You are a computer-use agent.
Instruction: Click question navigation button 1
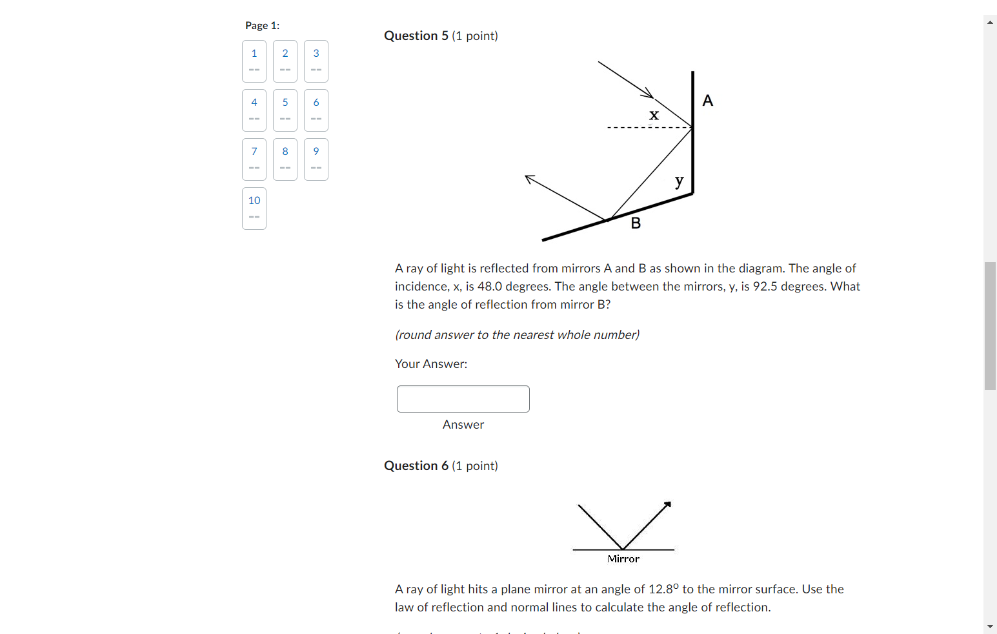click(x=254, y=61)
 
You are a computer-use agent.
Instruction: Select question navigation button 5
click(x=285, y=110)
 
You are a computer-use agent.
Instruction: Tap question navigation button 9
click(x=316, y=159)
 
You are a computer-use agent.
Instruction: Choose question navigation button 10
click(x=254, y=209)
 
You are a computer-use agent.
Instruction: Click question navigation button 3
click(x=316, y=61)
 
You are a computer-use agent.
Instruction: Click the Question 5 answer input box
click(x=463, y=399)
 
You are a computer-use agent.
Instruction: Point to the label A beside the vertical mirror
click(x=708, y=101)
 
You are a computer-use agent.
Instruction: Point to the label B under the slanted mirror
click(x=636, y=223)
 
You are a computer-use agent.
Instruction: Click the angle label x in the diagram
click(x=654, y=115)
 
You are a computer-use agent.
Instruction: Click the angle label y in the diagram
click(x=679, y=181)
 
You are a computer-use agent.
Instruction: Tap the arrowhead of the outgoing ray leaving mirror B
click(x=529, y=178)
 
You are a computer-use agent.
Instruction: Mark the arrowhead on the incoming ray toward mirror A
click(x=648, y=94)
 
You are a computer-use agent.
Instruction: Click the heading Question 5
click(x=416, y=36)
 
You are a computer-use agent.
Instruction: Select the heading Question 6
click(x=416, y=466)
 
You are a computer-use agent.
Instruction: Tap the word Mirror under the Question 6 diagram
click(x=623, y=559)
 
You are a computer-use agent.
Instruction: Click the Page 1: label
click(x=262, y=26)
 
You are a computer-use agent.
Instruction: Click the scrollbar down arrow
click(x=990, y=626)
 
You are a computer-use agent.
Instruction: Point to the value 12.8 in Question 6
click(x=661, y=589)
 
